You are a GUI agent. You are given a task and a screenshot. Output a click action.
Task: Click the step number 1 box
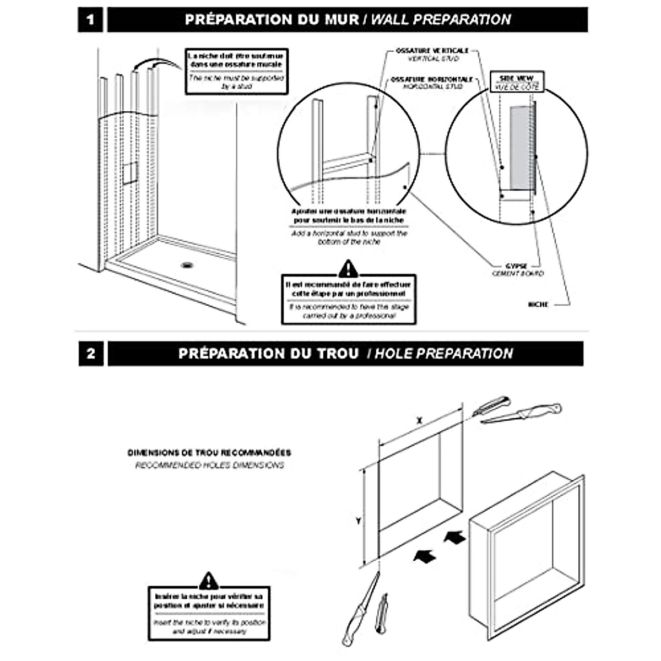pyautogui.click(x=90, y=20)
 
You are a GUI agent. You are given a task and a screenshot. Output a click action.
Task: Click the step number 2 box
pyautogui.click(x=91, y=354)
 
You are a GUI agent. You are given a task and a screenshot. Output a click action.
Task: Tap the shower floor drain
pyautogui.click(x=187, y=265)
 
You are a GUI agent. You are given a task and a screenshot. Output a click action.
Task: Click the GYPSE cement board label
pyautogui.click(x=517, y=269)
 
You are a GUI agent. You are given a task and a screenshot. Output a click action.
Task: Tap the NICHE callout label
pyautogui.click(x=538, y=304)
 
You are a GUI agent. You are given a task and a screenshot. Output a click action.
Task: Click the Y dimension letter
pyautogui.click(x=358, y=521)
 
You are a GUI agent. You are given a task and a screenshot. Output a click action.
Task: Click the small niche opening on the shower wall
pyautogui.click(x=129, y=172)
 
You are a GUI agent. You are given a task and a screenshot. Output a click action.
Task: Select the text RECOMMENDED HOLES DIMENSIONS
pyautogui.click(x=209, y=465)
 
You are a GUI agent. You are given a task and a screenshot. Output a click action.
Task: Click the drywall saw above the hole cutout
pyautogui.click(x=521, y=414)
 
